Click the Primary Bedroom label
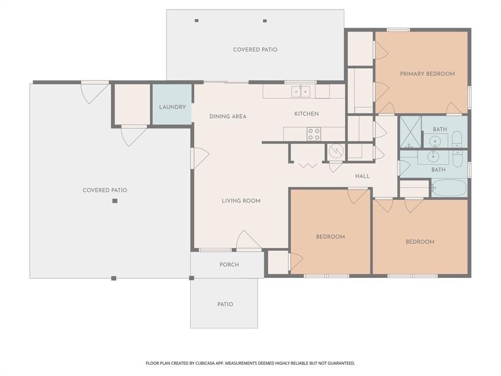click(x=427, y=74)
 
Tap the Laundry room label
click(x=172, y=107)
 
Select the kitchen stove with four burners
click(x=314, y=134)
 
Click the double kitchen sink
click(x=300, y=92)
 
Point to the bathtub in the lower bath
click(x=449, y=188)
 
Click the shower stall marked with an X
click(x=410, y=132)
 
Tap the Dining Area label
click(x=228, y=117)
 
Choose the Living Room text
click(x=241, y=201)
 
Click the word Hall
click(x=362, y=176)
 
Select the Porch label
click(x=229, y=265)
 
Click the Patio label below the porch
click(x=225, y=305)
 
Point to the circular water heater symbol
click(x=336, y=151)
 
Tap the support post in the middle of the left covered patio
click(x=114, y=201)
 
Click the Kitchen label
click(x=306, y=114)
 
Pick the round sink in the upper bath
click(x=435, y=141)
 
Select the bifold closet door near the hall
click(x=308, y=165)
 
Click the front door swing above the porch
click(x=248, y=240)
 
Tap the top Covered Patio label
click(x=255, y=49)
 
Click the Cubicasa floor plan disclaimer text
click(x=250, y=363)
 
